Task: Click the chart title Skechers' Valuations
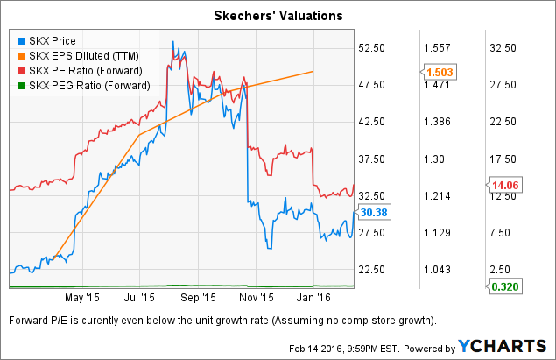click(278, 16)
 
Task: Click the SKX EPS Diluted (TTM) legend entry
click(80, 56)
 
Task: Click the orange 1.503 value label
click(436, 72)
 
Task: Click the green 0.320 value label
click(502, 285)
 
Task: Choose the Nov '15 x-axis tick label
click(258, 297)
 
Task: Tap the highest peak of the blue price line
click(173, 42)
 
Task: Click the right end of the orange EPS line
click(313, 72)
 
